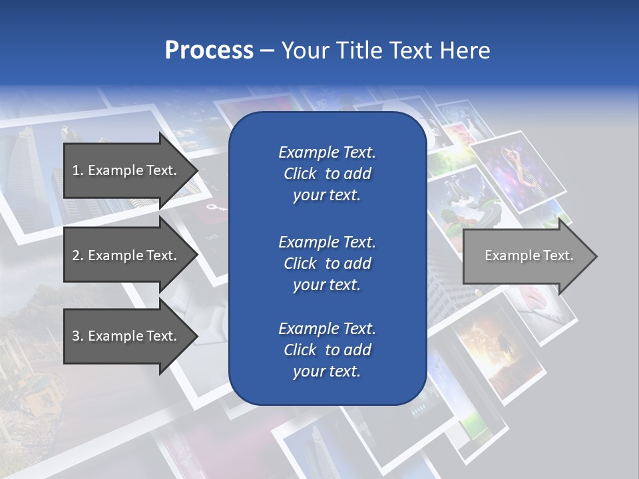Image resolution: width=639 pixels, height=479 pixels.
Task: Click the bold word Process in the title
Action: pos(209,51)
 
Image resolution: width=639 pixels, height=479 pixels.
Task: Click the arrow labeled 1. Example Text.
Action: pos(126,171)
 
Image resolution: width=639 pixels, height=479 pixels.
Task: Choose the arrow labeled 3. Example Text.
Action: pos(126,336)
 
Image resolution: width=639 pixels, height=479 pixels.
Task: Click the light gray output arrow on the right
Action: pos(526,256)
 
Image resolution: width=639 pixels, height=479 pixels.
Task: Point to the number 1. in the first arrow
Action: pos(78,171)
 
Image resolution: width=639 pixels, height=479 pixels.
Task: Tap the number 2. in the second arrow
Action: pos(78,256)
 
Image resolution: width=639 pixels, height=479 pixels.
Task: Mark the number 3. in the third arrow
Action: pos(78,337)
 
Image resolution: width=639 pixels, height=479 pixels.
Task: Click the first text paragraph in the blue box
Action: pos(327,174)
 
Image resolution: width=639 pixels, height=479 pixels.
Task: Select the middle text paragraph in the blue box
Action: pos(327,263)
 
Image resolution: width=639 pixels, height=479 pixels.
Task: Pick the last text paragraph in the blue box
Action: pos(327,350)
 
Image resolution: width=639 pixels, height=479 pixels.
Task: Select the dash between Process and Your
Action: pos(267,51)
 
